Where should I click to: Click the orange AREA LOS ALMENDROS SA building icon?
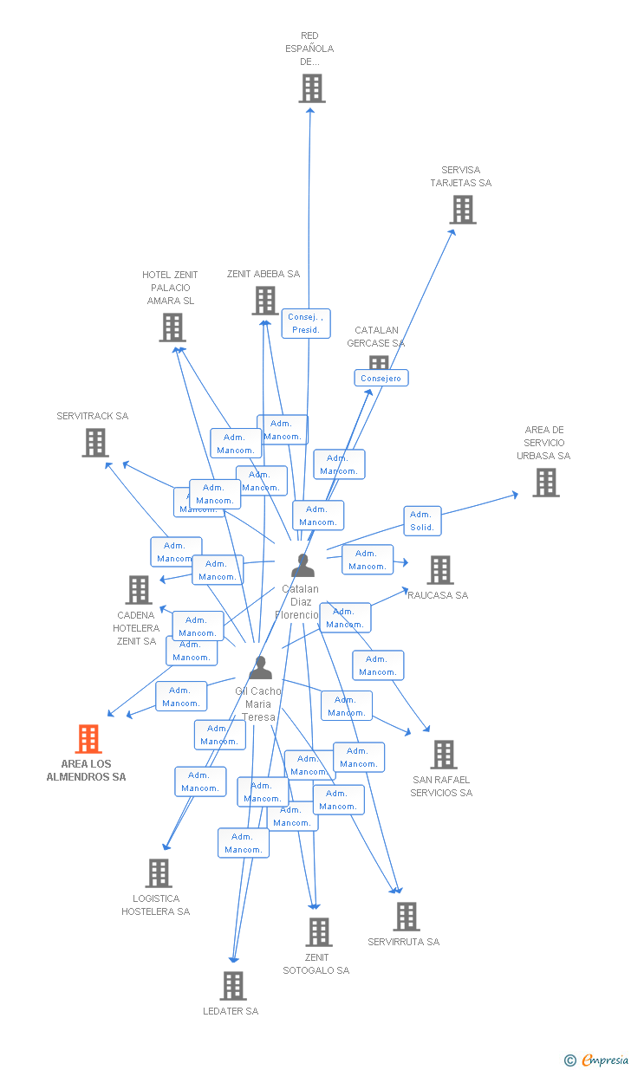88,739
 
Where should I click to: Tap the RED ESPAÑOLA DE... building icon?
311,88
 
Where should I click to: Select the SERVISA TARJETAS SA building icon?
462,210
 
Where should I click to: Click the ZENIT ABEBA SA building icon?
264,301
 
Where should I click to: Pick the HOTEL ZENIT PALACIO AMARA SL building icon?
172,327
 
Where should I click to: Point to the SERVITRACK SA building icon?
94,443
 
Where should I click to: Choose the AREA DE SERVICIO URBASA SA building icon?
545,483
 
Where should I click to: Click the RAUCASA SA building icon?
440,570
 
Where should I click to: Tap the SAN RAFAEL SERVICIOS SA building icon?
443,755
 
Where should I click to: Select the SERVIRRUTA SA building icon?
406,917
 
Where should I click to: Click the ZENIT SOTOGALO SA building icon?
318,932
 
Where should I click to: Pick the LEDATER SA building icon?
232,986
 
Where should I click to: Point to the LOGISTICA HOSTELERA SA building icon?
158,873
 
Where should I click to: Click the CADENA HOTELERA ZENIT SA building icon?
138,590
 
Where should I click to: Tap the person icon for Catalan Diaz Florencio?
302,566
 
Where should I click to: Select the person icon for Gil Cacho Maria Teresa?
260,668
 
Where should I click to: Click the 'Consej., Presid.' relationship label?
305,323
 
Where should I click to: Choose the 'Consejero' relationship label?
381,378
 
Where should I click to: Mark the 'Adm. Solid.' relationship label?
422,521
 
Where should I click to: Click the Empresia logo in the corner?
597,1060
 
